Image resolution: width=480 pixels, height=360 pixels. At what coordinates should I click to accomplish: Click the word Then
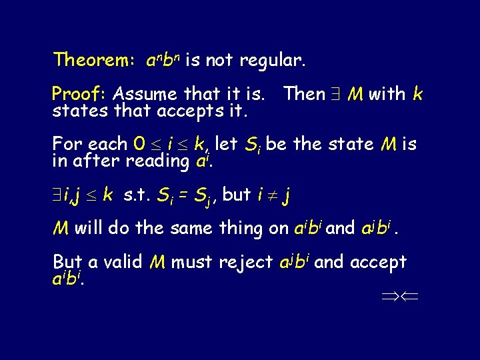pos(305,94)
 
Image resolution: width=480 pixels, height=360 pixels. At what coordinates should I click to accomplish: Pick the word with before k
pos(387,94)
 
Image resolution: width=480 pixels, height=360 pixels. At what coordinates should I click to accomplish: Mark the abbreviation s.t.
pos(137,195)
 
